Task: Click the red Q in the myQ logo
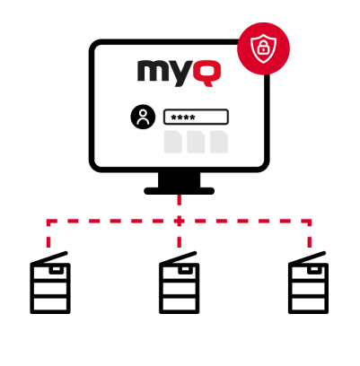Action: (206, 74)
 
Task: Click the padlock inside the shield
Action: (263, 48)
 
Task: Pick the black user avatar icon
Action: (143, 117)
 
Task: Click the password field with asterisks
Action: (196, 117)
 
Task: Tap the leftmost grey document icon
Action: (173, 142)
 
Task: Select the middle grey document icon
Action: (196, 142)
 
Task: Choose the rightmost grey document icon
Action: (219, 142)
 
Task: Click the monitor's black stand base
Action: (180, 191)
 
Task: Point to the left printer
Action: (50, 283)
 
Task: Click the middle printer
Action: (179, 283)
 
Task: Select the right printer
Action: (308, 283)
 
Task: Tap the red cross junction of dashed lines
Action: (179, 222)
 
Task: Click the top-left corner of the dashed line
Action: (48, 222)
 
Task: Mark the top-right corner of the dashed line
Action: (310, 222)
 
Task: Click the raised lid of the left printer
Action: (49, 257)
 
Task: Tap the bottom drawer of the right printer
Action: (308, 304)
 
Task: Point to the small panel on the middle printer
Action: (184, 269)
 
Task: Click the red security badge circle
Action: (263, 48)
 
